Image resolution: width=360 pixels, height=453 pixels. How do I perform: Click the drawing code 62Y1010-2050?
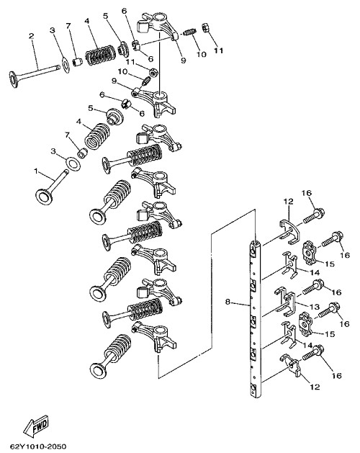coord(37,447)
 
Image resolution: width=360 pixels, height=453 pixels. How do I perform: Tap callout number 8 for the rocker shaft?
coord(228,302)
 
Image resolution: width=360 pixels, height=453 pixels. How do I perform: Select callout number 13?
coord(315,306)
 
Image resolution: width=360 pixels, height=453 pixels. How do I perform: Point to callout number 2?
coord(31,36)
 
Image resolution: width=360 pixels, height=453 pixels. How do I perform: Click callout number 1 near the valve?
coord(36,171)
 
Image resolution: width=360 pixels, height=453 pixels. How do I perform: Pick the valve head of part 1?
coord(44,197)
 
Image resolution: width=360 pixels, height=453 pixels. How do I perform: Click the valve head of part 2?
coord(13,79)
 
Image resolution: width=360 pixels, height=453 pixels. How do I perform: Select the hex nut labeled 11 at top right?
coord(205,28)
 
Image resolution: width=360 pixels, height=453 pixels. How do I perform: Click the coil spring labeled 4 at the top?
coord(99,55)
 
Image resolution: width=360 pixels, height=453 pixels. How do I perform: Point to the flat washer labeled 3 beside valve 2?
coord(66,66)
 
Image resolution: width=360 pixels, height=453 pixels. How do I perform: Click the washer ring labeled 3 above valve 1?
coord(73,163)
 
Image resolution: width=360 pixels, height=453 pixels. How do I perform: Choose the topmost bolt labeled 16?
coord(314,216)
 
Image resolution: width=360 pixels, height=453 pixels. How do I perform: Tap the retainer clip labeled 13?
coord(285,303)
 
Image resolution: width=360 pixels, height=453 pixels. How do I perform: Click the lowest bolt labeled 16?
coord(313,354)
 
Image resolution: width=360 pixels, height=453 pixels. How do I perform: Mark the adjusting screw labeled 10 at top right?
coord(190,32)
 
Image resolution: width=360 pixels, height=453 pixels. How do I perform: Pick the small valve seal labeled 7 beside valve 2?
coord(77,62)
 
